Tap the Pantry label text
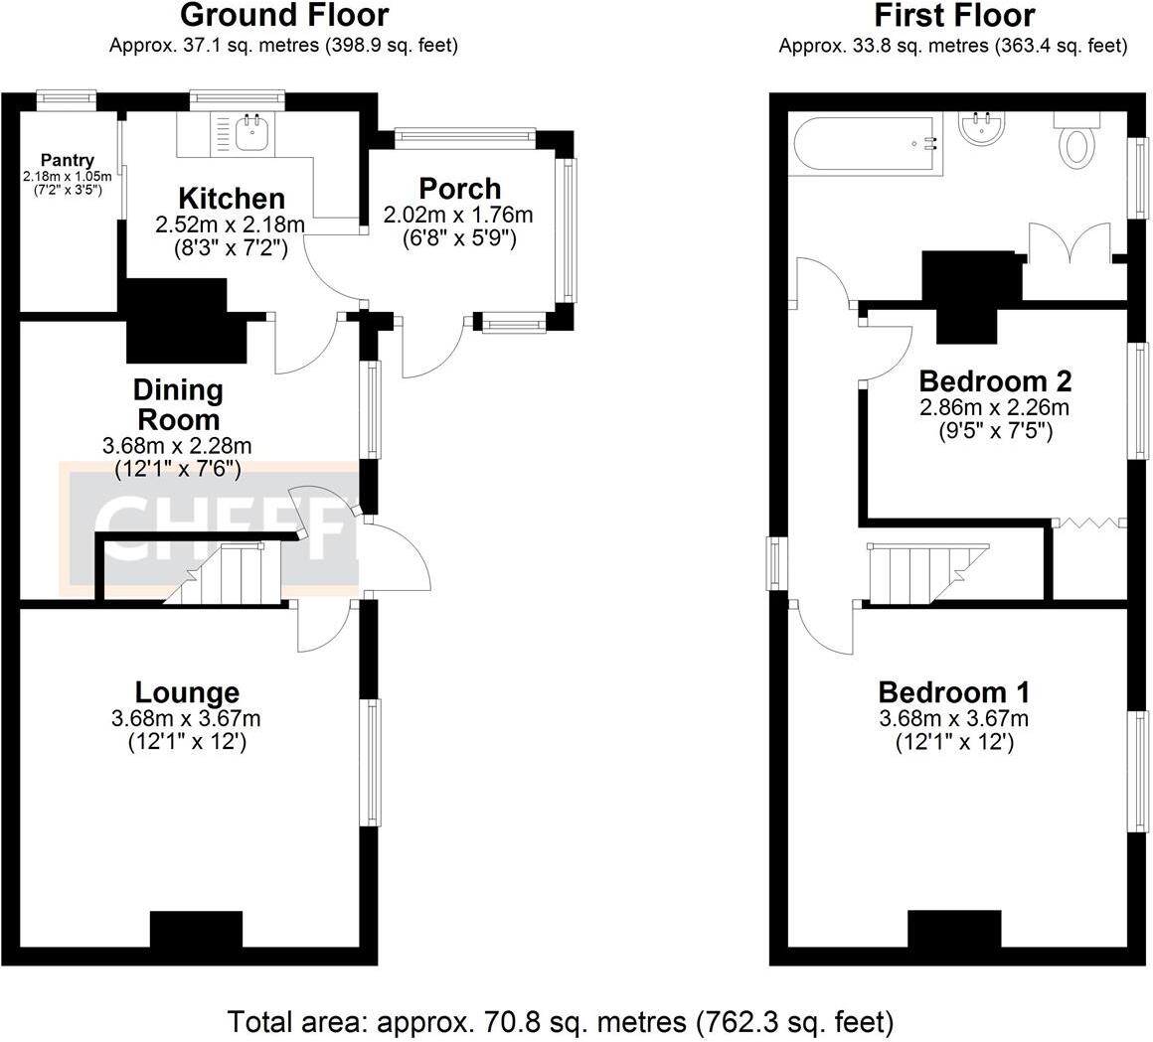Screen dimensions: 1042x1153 68,160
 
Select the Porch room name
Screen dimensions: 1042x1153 459,188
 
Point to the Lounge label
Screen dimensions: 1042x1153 187,692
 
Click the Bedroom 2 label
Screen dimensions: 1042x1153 994,380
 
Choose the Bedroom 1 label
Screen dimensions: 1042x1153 953,691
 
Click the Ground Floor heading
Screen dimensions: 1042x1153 283,16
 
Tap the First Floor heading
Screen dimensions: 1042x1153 953,16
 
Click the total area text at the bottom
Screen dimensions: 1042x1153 561,1020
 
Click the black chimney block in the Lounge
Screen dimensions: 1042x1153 196,929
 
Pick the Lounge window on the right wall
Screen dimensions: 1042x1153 373,762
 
